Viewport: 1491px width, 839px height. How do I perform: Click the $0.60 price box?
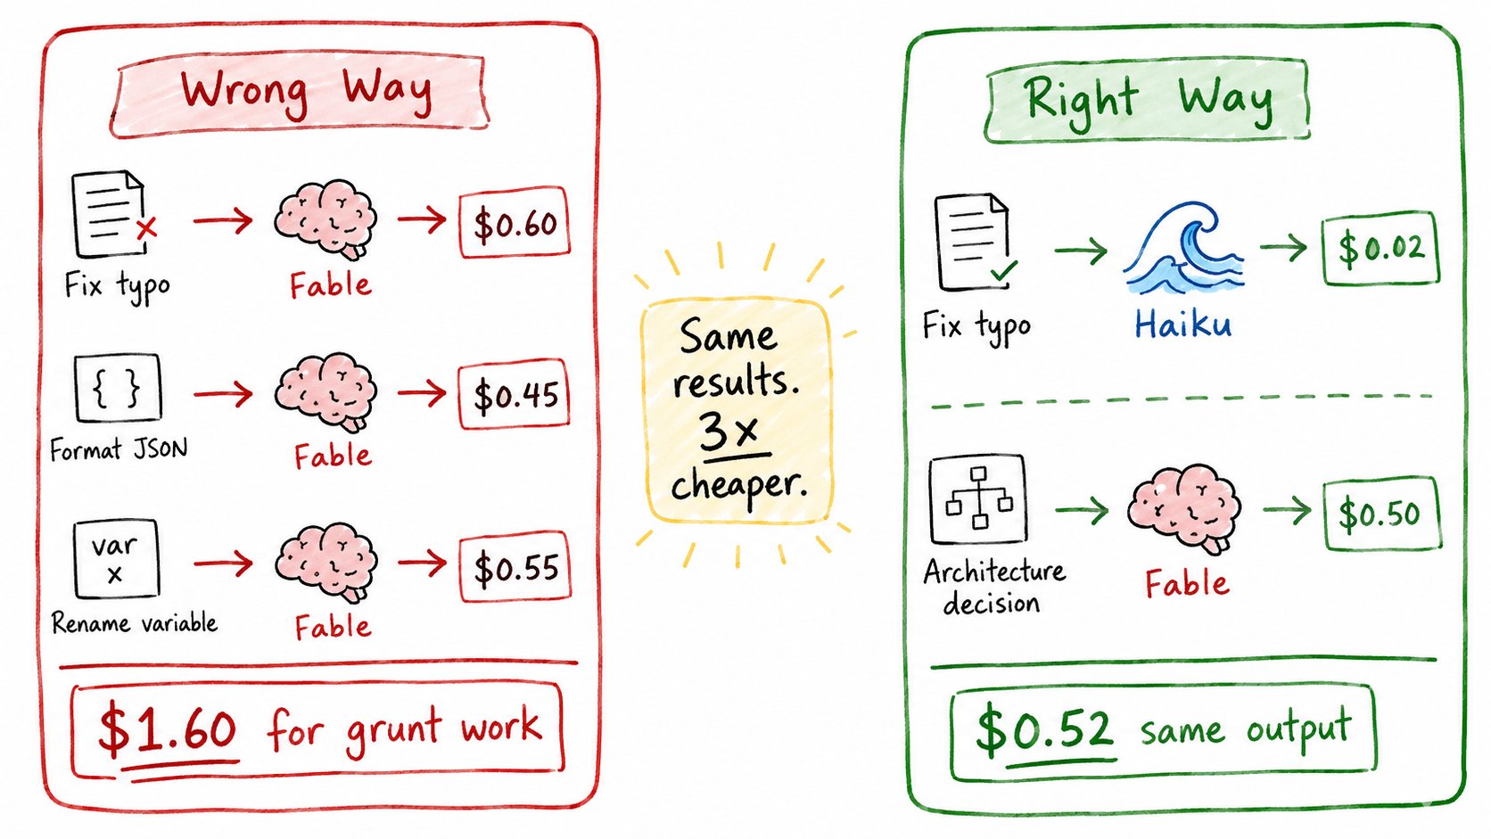coord(515,222)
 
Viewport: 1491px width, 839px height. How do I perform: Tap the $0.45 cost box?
coord(514,394)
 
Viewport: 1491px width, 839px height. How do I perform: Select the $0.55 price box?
coord(515,567)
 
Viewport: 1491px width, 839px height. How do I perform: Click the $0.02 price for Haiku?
coord(1380,248)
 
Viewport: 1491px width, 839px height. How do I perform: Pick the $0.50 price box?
coord(1382,513)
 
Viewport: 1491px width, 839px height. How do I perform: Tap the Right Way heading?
coord(1148,101)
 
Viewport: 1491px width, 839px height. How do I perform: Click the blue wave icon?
coord(1184,249)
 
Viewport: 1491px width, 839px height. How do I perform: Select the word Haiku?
coord(1182,325)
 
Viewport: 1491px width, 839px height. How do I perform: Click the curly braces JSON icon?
coord(118,388)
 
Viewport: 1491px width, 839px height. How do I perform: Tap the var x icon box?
coord(117,559)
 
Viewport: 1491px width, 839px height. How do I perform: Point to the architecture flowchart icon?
coord(978,498)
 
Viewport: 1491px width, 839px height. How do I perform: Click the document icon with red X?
coord(113,214)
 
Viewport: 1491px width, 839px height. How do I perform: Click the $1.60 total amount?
coord(167,729)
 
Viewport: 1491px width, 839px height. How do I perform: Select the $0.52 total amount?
coord(1044,730)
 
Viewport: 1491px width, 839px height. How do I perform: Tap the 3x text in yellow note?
coord(729,431)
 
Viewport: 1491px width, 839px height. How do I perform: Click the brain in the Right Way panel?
coord(1184,508)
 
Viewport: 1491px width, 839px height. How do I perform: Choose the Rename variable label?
coord(135,623)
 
